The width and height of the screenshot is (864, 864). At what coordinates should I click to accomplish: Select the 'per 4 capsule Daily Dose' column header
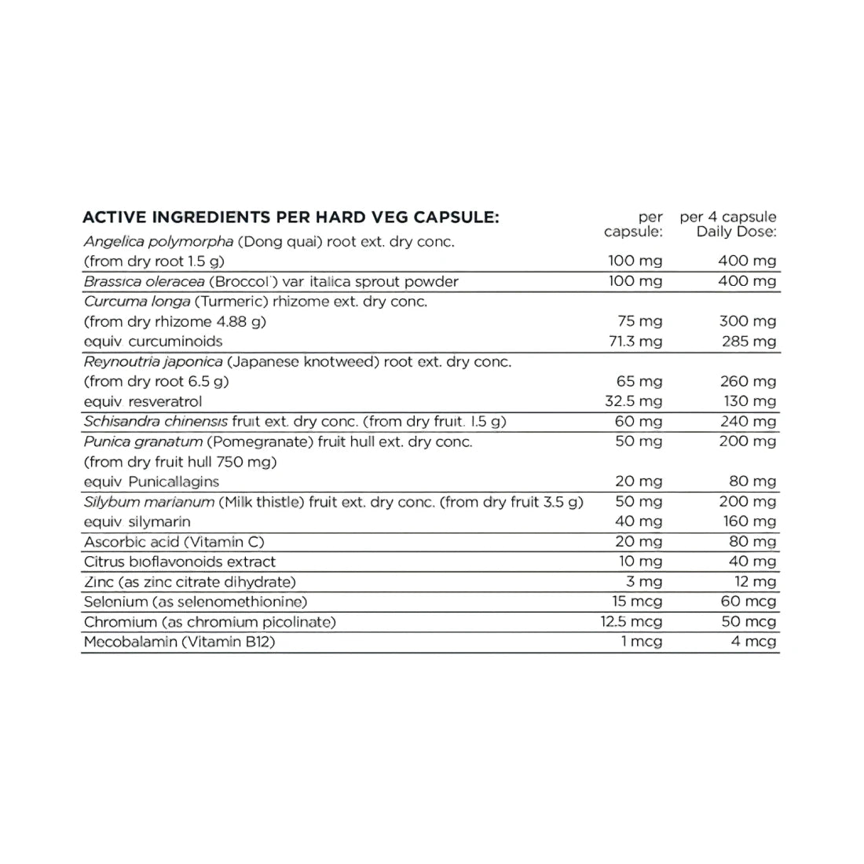pyautogui.click(x=728, y=225)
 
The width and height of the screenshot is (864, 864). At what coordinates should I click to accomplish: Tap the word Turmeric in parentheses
pyautogui.click(x=225, y=301)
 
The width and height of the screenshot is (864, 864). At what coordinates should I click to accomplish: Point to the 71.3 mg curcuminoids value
pyautogui.click(x=635, y=341)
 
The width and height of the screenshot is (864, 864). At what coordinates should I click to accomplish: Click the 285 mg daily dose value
pyautogui.click(x=748, y=341)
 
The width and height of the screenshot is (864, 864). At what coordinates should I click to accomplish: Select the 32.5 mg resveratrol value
pyautogui.click(x=635, y=401)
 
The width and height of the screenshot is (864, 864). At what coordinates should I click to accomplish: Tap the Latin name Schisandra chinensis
pyautogui.click(x=156, y=422)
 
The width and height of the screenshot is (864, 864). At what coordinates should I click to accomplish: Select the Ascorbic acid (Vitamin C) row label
pyautogui.click(x=174, y=542)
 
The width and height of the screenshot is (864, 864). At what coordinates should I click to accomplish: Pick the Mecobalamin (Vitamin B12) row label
pyautogui.click(x=180, y=642)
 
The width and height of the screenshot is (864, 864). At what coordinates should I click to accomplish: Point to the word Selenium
pyautogui.click(x=115, y=602)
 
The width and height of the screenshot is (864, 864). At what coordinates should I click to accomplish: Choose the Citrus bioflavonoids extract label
pyautogui.click(x=180, y=562)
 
